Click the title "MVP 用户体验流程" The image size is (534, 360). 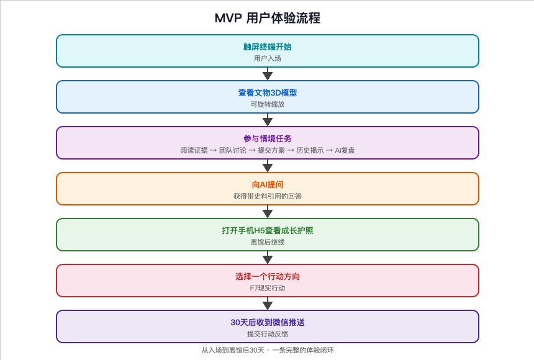(268, 18)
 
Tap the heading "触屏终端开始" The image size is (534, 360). (268, 47)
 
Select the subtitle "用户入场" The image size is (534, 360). (268, 58)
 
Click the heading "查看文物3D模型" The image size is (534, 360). (268, 92)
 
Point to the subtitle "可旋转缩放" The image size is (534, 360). (268, 104)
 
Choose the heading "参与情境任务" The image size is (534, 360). (268, 138)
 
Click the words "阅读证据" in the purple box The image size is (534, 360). (194, 150)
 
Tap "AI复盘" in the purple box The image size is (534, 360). (345, 150)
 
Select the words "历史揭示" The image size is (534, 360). (310, 150)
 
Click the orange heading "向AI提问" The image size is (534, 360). (268, 184)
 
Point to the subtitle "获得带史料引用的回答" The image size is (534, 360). (268, 196)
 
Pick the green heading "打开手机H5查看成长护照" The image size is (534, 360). (268, 230)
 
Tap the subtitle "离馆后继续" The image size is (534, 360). (268, 242)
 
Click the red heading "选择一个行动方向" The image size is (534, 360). (268, 277)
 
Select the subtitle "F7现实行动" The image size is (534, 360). (268, 288)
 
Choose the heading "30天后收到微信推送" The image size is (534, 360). (268, 322)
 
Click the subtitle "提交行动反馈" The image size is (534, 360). (268, 334)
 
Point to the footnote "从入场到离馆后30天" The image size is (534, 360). (233, 350)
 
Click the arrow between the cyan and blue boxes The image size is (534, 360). (268, 74)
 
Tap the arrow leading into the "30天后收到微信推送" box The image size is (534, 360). (268, 304)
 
